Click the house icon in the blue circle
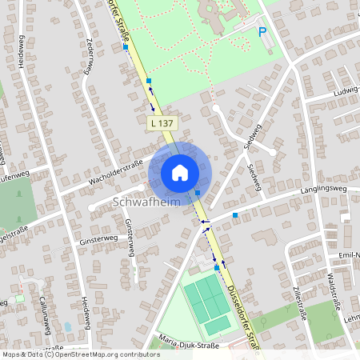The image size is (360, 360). [180, 172]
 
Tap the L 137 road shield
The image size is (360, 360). [162, 123]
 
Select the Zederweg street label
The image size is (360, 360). [90, 56]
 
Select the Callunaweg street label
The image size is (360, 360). [46, 317]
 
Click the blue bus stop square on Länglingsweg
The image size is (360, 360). [235, 215]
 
